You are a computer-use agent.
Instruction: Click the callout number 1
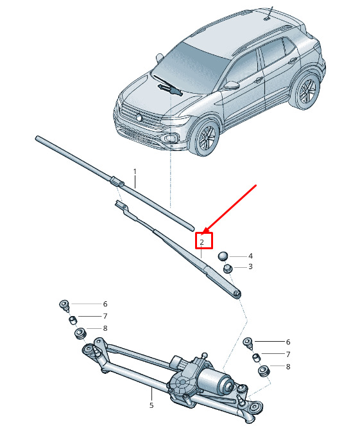click(135, 171)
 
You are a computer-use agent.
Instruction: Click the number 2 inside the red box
click(202, 242)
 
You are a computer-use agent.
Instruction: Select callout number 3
click(250, 267)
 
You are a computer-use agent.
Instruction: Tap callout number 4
click(250, 256)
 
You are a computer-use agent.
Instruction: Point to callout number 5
click(151, 405)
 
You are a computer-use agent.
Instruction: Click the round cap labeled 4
click(223, 256)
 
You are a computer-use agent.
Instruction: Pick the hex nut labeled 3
click(227, 268)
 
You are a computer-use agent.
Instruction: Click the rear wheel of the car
click(307, 90)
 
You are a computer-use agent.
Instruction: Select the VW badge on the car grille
click(139, 118)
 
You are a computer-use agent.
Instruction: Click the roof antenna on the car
click(268, 13)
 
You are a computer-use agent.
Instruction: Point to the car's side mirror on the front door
click(231, 85)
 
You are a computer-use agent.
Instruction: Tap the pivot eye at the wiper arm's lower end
click(237, 294)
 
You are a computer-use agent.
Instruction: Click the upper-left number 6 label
click(105, 304)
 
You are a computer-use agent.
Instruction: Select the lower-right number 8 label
click(288, 367)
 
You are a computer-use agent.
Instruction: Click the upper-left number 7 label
click(105, 316)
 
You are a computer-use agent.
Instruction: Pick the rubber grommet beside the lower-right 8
click(264, 371)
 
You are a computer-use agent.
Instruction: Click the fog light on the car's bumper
click(171, 138)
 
